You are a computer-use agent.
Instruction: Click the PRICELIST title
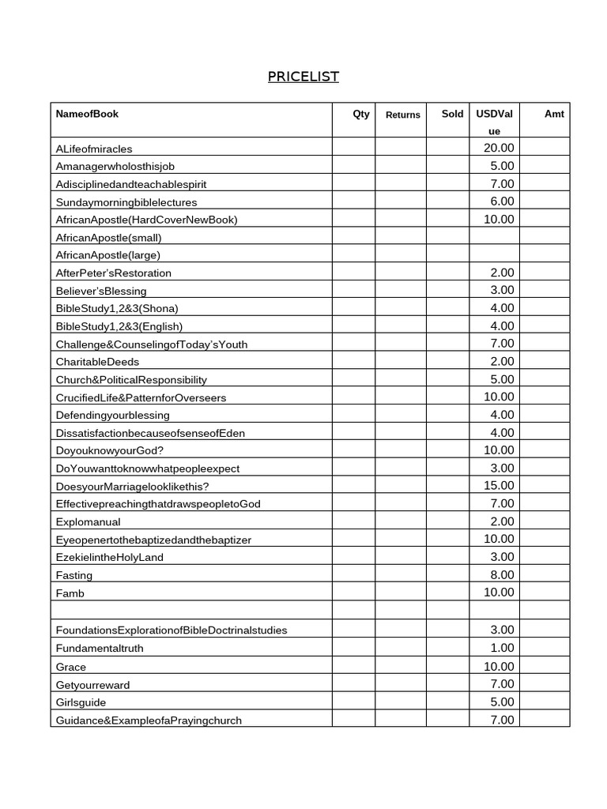coord(303,77)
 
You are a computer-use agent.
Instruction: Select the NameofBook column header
coord(87,114)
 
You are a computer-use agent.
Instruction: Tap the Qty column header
coord(360,114)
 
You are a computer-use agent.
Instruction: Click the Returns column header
coord(402,115)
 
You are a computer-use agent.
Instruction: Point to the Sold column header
coord(452,114)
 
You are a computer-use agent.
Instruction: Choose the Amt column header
coord(554,114)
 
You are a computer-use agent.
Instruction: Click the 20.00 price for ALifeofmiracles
coord(498,148)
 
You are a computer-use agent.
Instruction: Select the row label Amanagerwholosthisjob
coord(119,166)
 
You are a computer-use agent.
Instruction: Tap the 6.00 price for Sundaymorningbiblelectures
coord(502,201)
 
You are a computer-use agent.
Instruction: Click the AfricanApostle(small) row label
coord(109,237)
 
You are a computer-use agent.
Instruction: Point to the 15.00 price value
coord(498,485)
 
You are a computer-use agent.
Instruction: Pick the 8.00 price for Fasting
coord(502,574)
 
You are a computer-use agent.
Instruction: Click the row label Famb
coord(70,593)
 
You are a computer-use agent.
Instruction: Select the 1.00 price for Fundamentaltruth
coord(502,648)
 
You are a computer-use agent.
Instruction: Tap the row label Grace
coord(71,667)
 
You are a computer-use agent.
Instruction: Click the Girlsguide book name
coord(81,702)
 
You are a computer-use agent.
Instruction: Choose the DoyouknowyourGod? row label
coord(110,450)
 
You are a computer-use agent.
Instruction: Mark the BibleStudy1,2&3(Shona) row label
coord(117,308)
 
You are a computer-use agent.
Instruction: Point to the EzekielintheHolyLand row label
coord(109,557)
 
